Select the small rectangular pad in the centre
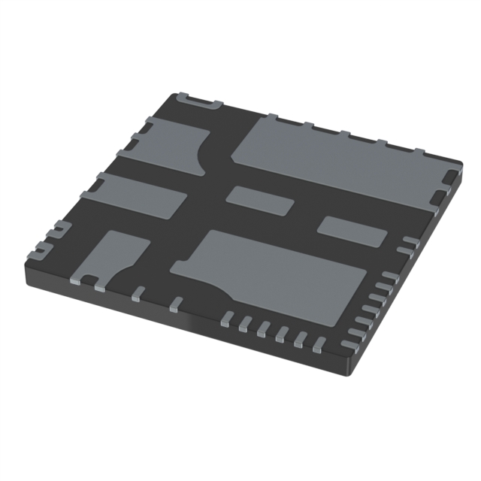pos(260,199)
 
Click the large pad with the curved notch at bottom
pos(278,274)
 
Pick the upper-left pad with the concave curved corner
pos(169,144)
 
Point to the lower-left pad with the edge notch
pos(116,256)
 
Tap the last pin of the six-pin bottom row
pos(319,345)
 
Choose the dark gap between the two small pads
pos(306,213)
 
